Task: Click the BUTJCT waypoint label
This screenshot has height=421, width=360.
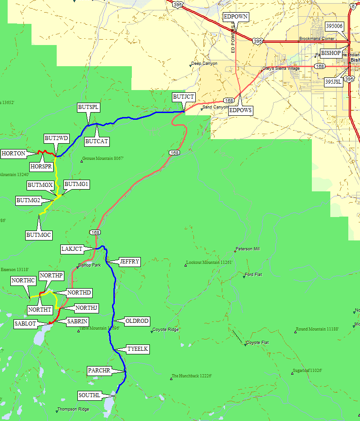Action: click(x=184, y=97)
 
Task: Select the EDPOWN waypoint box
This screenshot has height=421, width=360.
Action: click(x=236, y=17)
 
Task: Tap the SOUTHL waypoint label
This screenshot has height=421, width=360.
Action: click(x=89, y=395)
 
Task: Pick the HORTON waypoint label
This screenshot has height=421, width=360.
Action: click(x=13, y=153)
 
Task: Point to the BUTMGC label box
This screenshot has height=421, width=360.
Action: click(x=39, y=235)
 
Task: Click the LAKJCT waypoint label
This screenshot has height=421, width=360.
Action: click(x=72, y=249)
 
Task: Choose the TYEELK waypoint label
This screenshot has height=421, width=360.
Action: click(x=138, y=349)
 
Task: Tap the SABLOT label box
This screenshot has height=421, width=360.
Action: click(x=25, y=323)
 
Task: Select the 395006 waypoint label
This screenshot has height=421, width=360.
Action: click(x=334, y=26)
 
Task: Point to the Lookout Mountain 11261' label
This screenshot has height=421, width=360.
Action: click(x=210, y=262)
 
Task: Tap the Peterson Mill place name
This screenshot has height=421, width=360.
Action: click(x=248, y=249)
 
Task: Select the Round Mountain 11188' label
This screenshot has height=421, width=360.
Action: click(x=317, y=329)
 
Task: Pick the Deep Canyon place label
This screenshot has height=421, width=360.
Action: click(x=204, y=63)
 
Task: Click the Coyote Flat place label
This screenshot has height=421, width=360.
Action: click(x=258, y=343)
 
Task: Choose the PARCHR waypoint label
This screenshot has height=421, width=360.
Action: click(x=99, y=370)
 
